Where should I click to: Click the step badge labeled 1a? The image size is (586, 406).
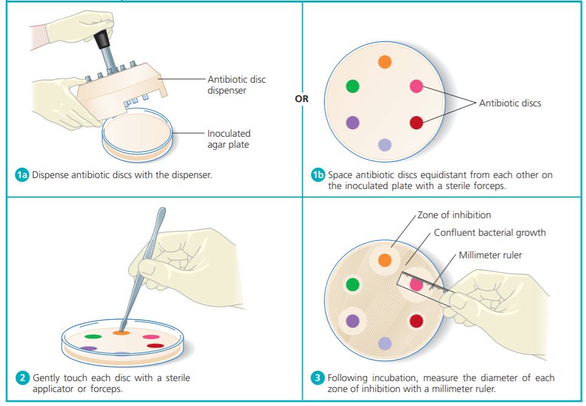(x=22, y=175)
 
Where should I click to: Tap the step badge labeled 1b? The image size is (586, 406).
(x=318, y=175)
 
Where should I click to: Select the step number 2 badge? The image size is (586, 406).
(x=22, y=378)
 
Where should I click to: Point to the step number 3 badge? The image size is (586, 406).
(x=318, y=378)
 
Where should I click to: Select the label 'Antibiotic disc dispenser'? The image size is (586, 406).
(x=236, y=85)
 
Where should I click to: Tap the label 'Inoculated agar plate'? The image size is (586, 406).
(x=228, y=139)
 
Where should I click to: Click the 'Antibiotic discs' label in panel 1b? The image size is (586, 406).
(x=509, y=103)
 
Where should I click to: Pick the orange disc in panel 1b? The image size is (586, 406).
(x=384, y=62)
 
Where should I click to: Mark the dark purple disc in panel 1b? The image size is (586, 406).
(x=352, y=123)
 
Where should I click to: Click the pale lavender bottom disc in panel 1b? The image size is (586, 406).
(x=384, y=145)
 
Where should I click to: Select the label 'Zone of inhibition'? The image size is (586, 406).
(x=454, y=215)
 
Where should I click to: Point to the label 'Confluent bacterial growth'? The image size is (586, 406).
(x=489, y=233)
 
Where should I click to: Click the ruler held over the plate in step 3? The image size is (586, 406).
(x=425, y=284)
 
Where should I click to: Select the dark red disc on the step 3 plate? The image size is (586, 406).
(x=416, y=320)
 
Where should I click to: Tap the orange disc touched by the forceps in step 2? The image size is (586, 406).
(x=121, y=332)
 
